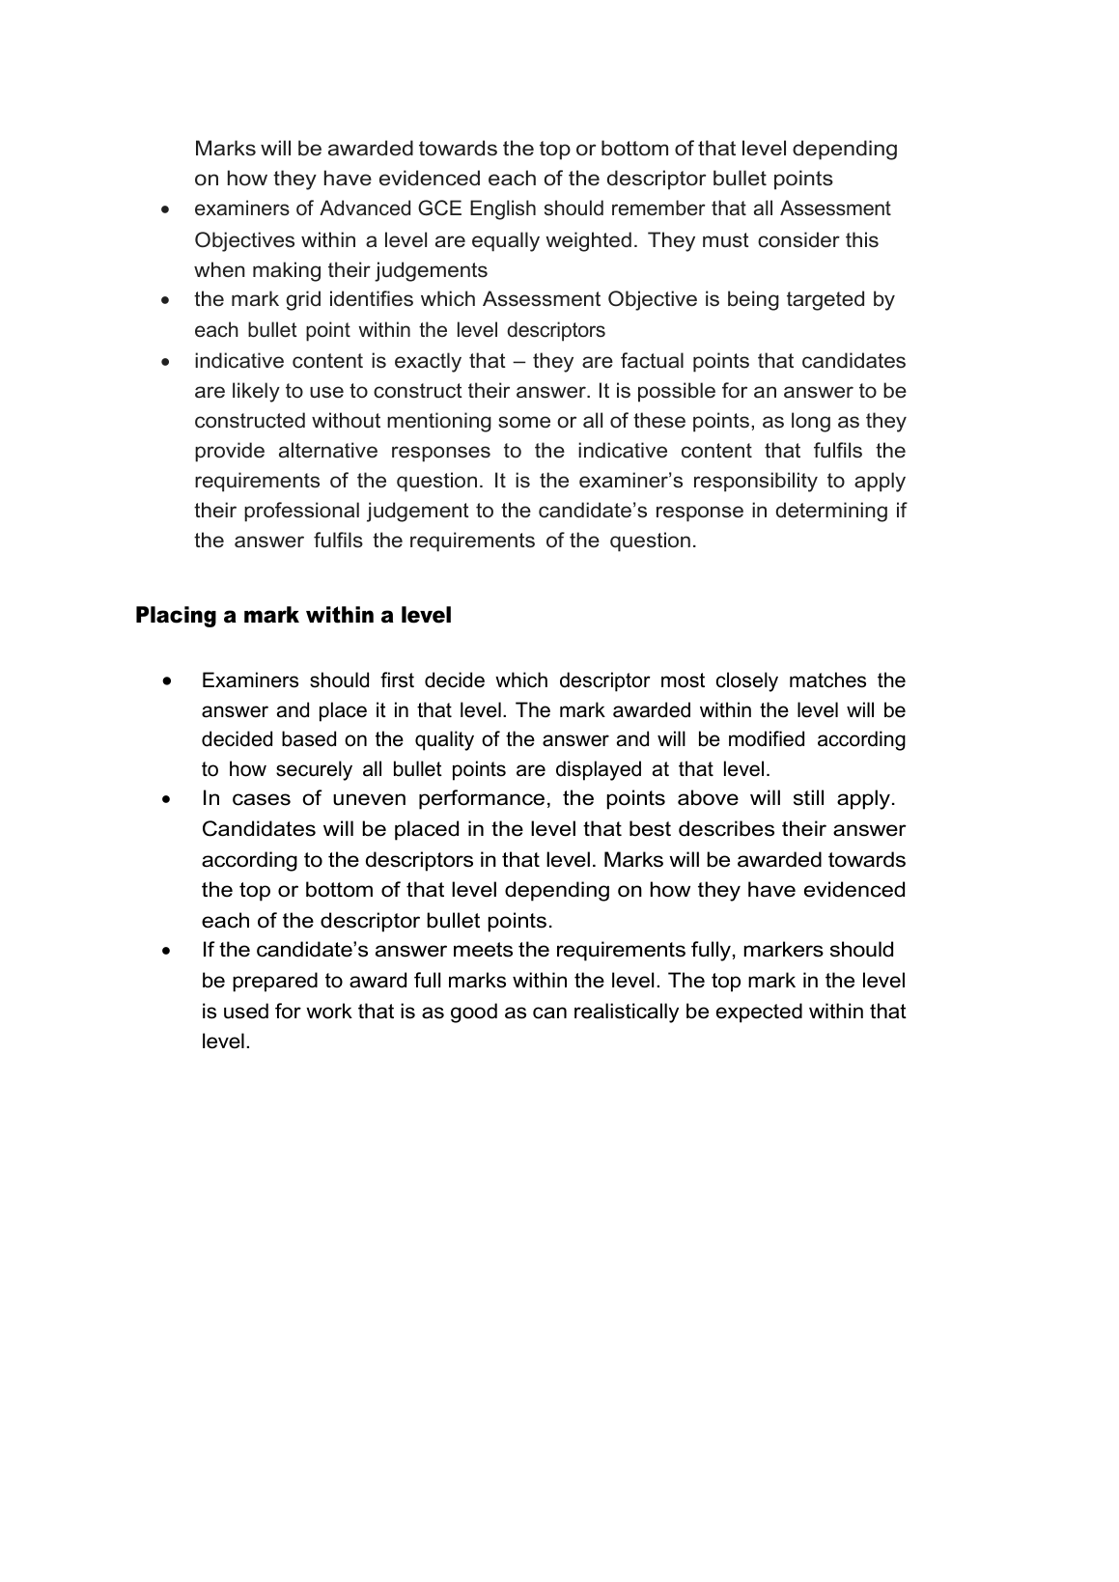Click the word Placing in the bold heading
click(x=176, y=615)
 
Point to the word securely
click(x=314, y=769)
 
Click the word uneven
click(x=370, y=798)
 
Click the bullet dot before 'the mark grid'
click(x=168, y=300)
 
